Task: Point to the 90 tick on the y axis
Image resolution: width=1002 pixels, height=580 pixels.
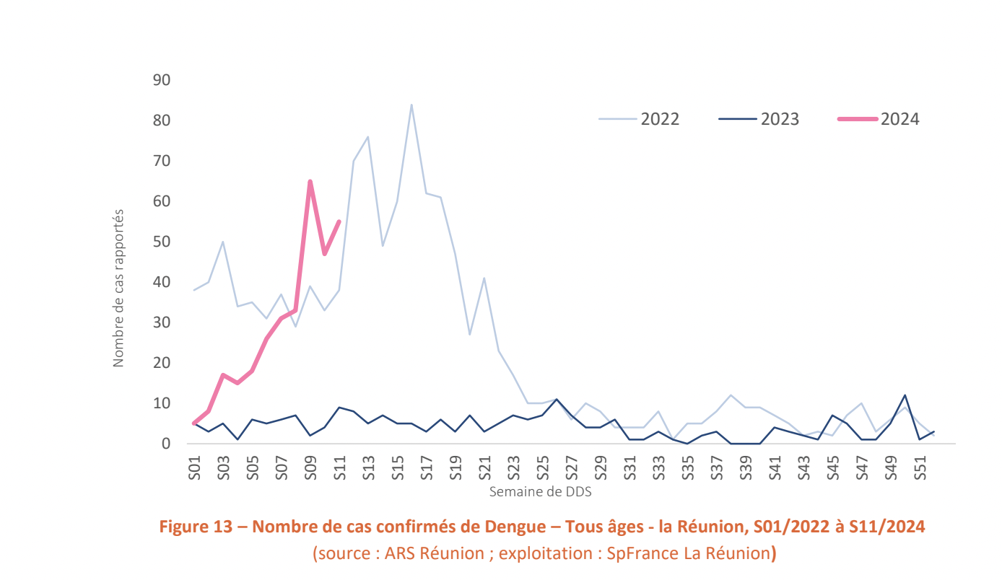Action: coord(161,79)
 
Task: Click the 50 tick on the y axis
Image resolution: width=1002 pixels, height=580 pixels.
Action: coord(161,241)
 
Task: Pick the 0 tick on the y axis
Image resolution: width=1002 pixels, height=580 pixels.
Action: coord(165,444)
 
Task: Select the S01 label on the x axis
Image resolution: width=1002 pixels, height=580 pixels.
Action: coord(194,467)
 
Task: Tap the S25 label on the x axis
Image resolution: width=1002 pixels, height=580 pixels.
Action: coord(543,467)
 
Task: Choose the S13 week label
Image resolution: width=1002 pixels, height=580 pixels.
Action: coord(369,467)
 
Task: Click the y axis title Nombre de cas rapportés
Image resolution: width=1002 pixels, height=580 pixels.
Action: coord(118,289)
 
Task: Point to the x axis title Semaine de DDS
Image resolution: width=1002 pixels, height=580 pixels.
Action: coord(541,492)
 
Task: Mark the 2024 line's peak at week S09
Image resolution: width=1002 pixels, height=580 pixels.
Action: coord(310,181)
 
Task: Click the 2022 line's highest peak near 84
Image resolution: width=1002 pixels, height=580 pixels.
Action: coord(411,105)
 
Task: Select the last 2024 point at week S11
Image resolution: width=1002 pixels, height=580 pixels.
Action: coord(339,221)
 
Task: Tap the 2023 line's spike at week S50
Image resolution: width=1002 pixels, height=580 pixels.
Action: coord(905,395)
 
